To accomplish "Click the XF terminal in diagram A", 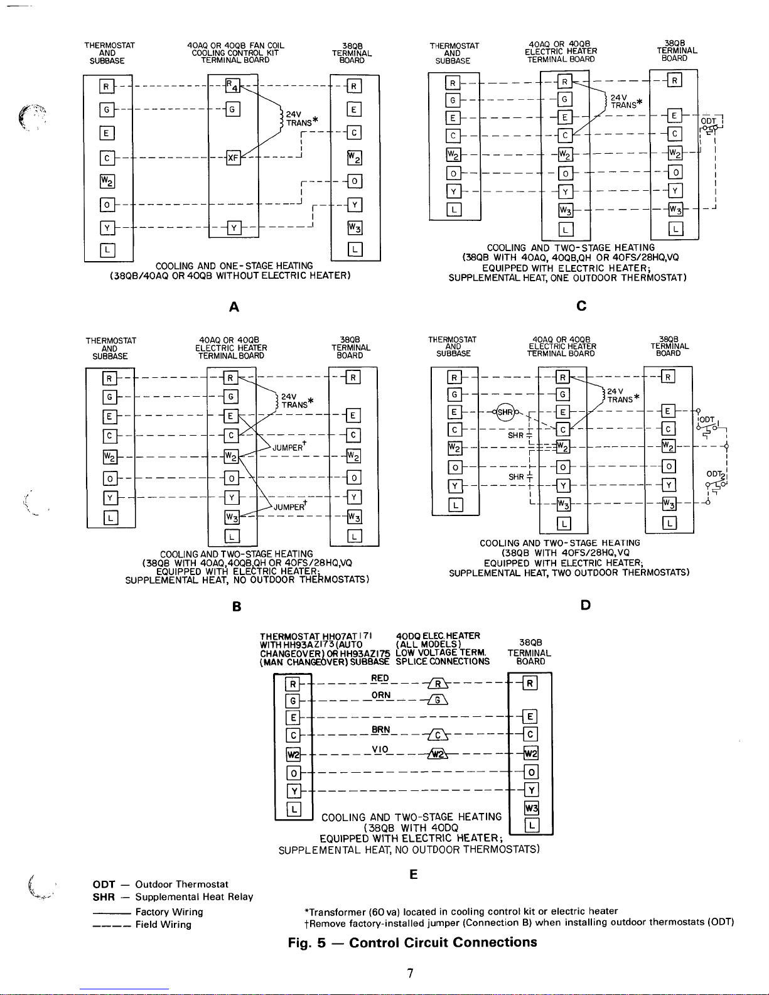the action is point(233,158).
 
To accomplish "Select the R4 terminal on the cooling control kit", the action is point(232,85).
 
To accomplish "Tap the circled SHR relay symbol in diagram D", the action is point(505,412).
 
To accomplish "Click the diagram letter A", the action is point(234,307).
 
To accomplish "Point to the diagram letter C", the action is point(581,306).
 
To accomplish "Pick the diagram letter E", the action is point(413,874).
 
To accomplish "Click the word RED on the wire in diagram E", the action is point(380,678).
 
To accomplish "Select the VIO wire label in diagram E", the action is point(380,749).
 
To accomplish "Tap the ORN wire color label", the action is point(381,695).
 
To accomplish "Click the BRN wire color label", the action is point(381,729).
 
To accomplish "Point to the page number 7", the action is point(410,973).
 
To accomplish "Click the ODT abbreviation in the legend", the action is point(104,884).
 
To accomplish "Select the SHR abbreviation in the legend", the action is point(104,897).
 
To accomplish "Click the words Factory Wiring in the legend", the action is point(169,912).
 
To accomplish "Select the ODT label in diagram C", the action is point(708,121).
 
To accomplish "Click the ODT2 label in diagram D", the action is point(716,475).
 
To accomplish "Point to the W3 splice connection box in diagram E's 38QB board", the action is point(532,808).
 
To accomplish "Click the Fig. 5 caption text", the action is point(412,942).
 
